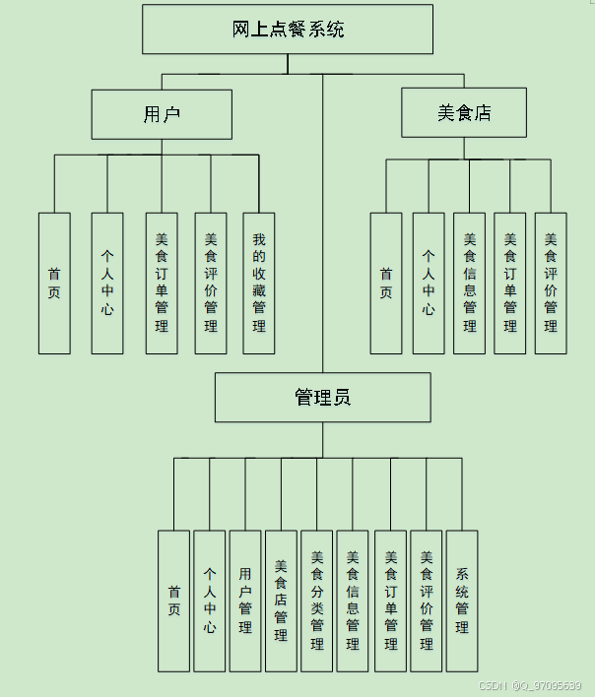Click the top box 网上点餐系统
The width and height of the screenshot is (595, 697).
[288, 30]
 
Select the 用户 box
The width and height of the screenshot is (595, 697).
[162, 114]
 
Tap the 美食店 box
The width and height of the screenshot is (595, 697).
[464, 112]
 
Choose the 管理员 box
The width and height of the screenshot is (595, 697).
[323, 398]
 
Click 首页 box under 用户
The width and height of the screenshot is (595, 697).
[54, 284]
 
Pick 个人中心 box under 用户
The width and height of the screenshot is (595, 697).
[107, 284]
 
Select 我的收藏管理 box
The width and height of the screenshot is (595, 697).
[259, 284]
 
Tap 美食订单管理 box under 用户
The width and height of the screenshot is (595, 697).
[162, 284]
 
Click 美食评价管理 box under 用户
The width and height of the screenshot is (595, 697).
[210, 284]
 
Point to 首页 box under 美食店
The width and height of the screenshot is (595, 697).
[386, 284]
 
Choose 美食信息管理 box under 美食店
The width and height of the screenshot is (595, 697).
[470, 284]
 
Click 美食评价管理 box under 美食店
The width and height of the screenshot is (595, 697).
[551, 284]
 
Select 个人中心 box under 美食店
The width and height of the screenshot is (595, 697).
[429, 284]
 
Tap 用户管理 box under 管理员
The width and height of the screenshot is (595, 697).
[245, 601]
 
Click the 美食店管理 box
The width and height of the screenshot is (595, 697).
[281, 601]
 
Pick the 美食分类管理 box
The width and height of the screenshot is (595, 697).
[317, 601]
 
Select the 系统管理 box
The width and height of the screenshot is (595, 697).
[462, 601]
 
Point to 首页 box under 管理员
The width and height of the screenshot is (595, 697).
[173, 601]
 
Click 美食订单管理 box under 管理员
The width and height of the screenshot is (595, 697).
[391, 601]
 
